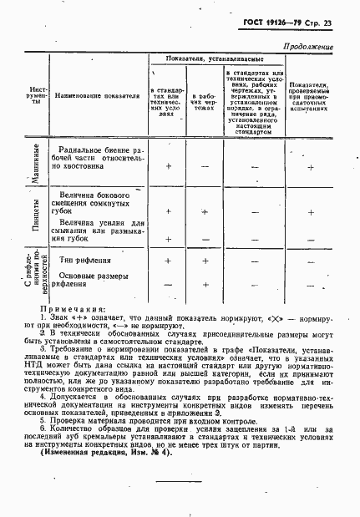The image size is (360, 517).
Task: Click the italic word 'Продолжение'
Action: pos(309,48)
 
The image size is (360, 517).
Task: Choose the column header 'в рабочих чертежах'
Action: pos(204,101)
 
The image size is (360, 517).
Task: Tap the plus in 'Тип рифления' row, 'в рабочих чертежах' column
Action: pos(205,261)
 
